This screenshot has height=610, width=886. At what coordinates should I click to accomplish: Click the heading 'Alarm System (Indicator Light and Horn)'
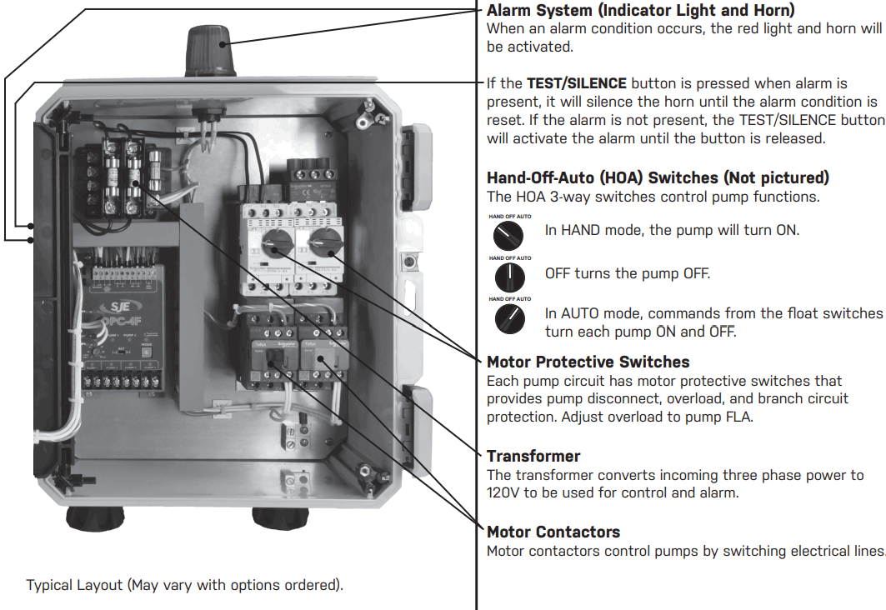pyautogui.click(x=640, y=11)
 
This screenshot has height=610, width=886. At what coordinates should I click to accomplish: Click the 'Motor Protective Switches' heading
pyautogui.click(x=588, y=362)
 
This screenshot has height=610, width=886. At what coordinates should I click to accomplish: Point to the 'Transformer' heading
pyautogui.click(x=533, y=456)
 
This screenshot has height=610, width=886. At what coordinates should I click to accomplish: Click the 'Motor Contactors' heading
pyautogui.click(x=553, y=532)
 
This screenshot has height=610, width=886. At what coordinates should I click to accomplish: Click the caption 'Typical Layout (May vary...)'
pyautogui.click(x=184, y=584)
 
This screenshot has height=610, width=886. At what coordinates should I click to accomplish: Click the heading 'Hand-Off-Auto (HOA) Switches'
pyautogui.click(x=658, y=177)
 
